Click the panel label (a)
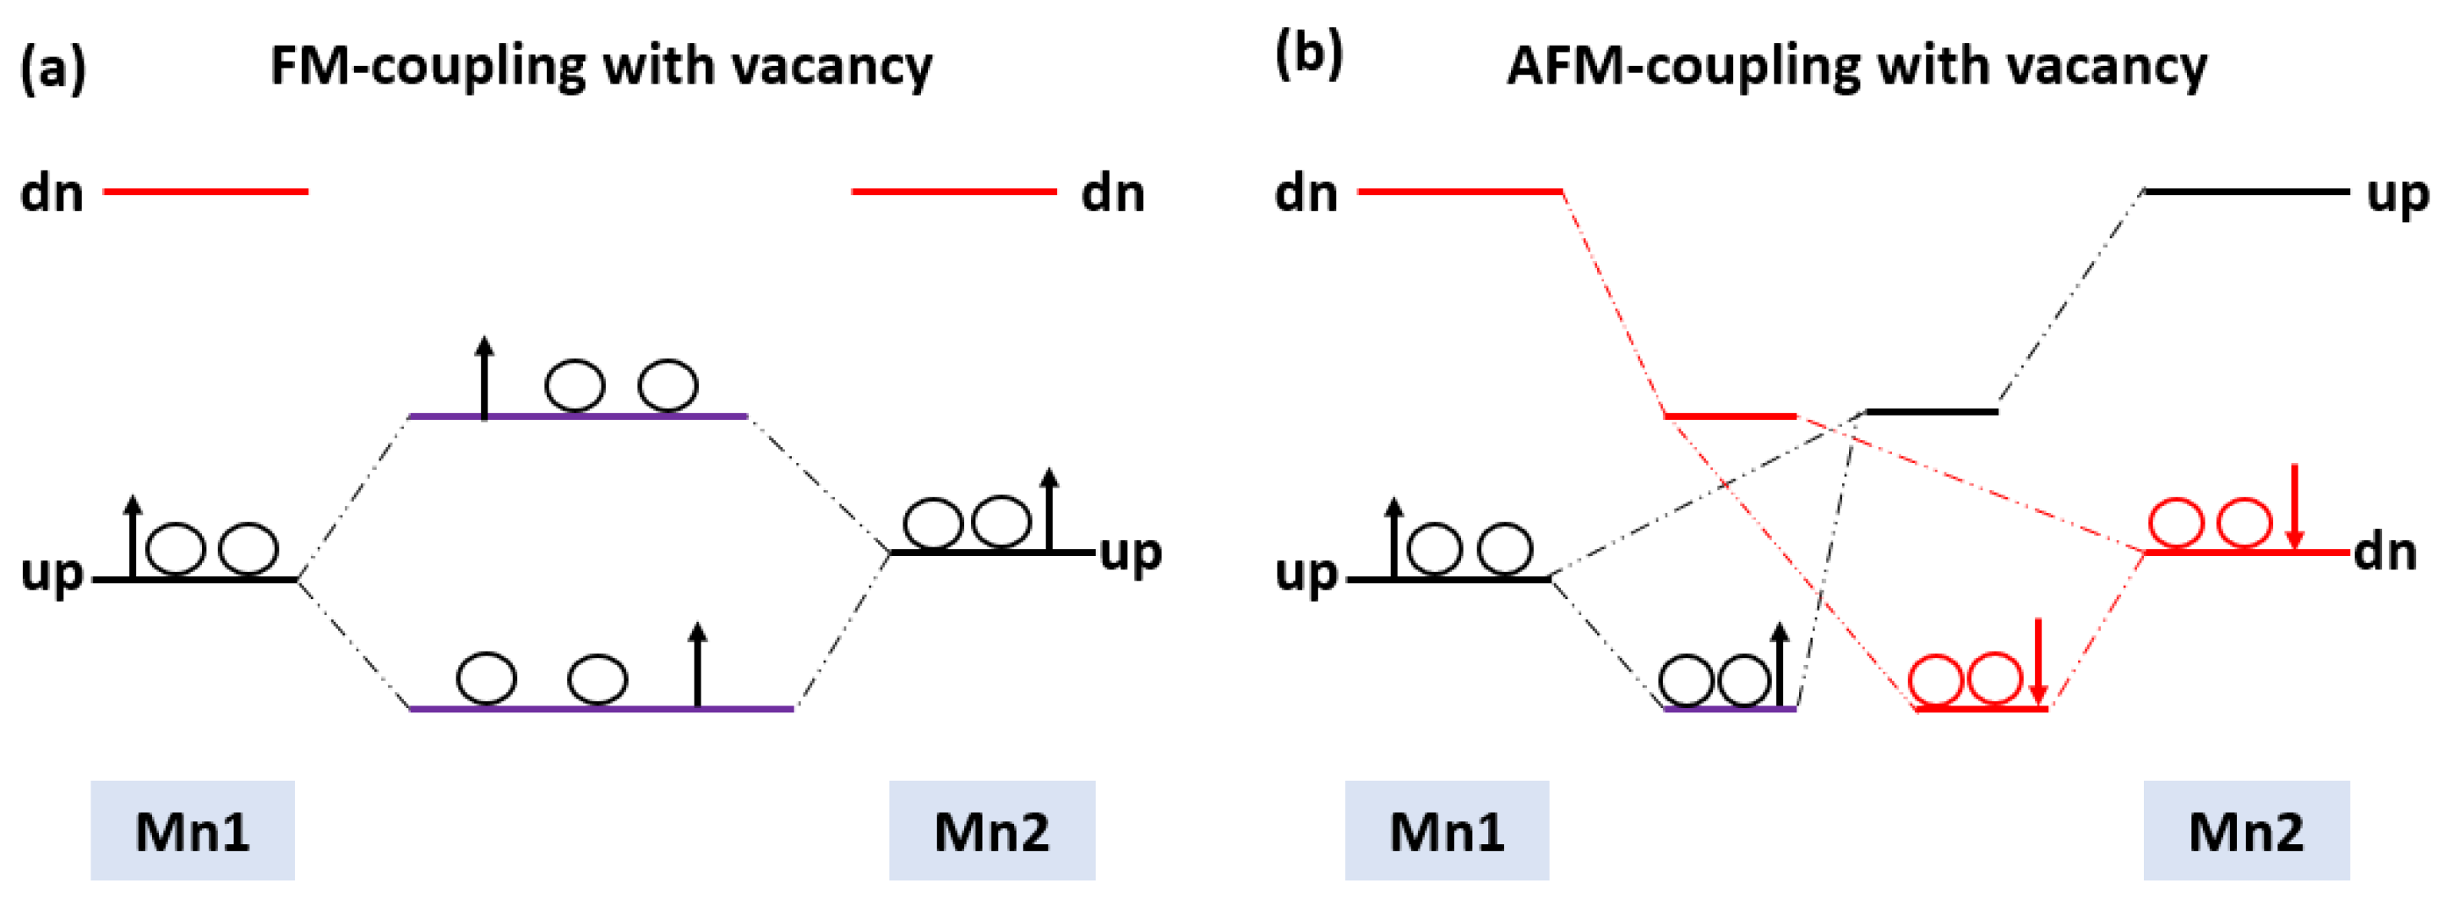point(53,69)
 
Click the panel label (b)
point(1309,55)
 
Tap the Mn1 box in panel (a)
point(193,831)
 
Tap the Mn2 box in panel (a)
point(992,831)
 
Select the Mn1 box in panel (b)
point(1446,831)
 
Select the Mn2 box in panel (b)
point(2246,831)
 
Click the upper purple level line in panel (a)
point(616,415)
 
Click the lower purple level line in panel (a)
point(569,708)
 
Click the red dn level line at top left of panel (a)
point(204,192)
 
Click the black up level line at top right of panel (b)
point(2246,192)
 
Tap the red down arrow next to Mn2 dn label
point(2294,507)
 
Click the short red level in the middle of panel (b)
point(1731,415)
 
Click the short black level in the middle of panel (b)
point(1932,411)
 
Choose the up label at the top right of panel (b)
point(2397,195)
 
